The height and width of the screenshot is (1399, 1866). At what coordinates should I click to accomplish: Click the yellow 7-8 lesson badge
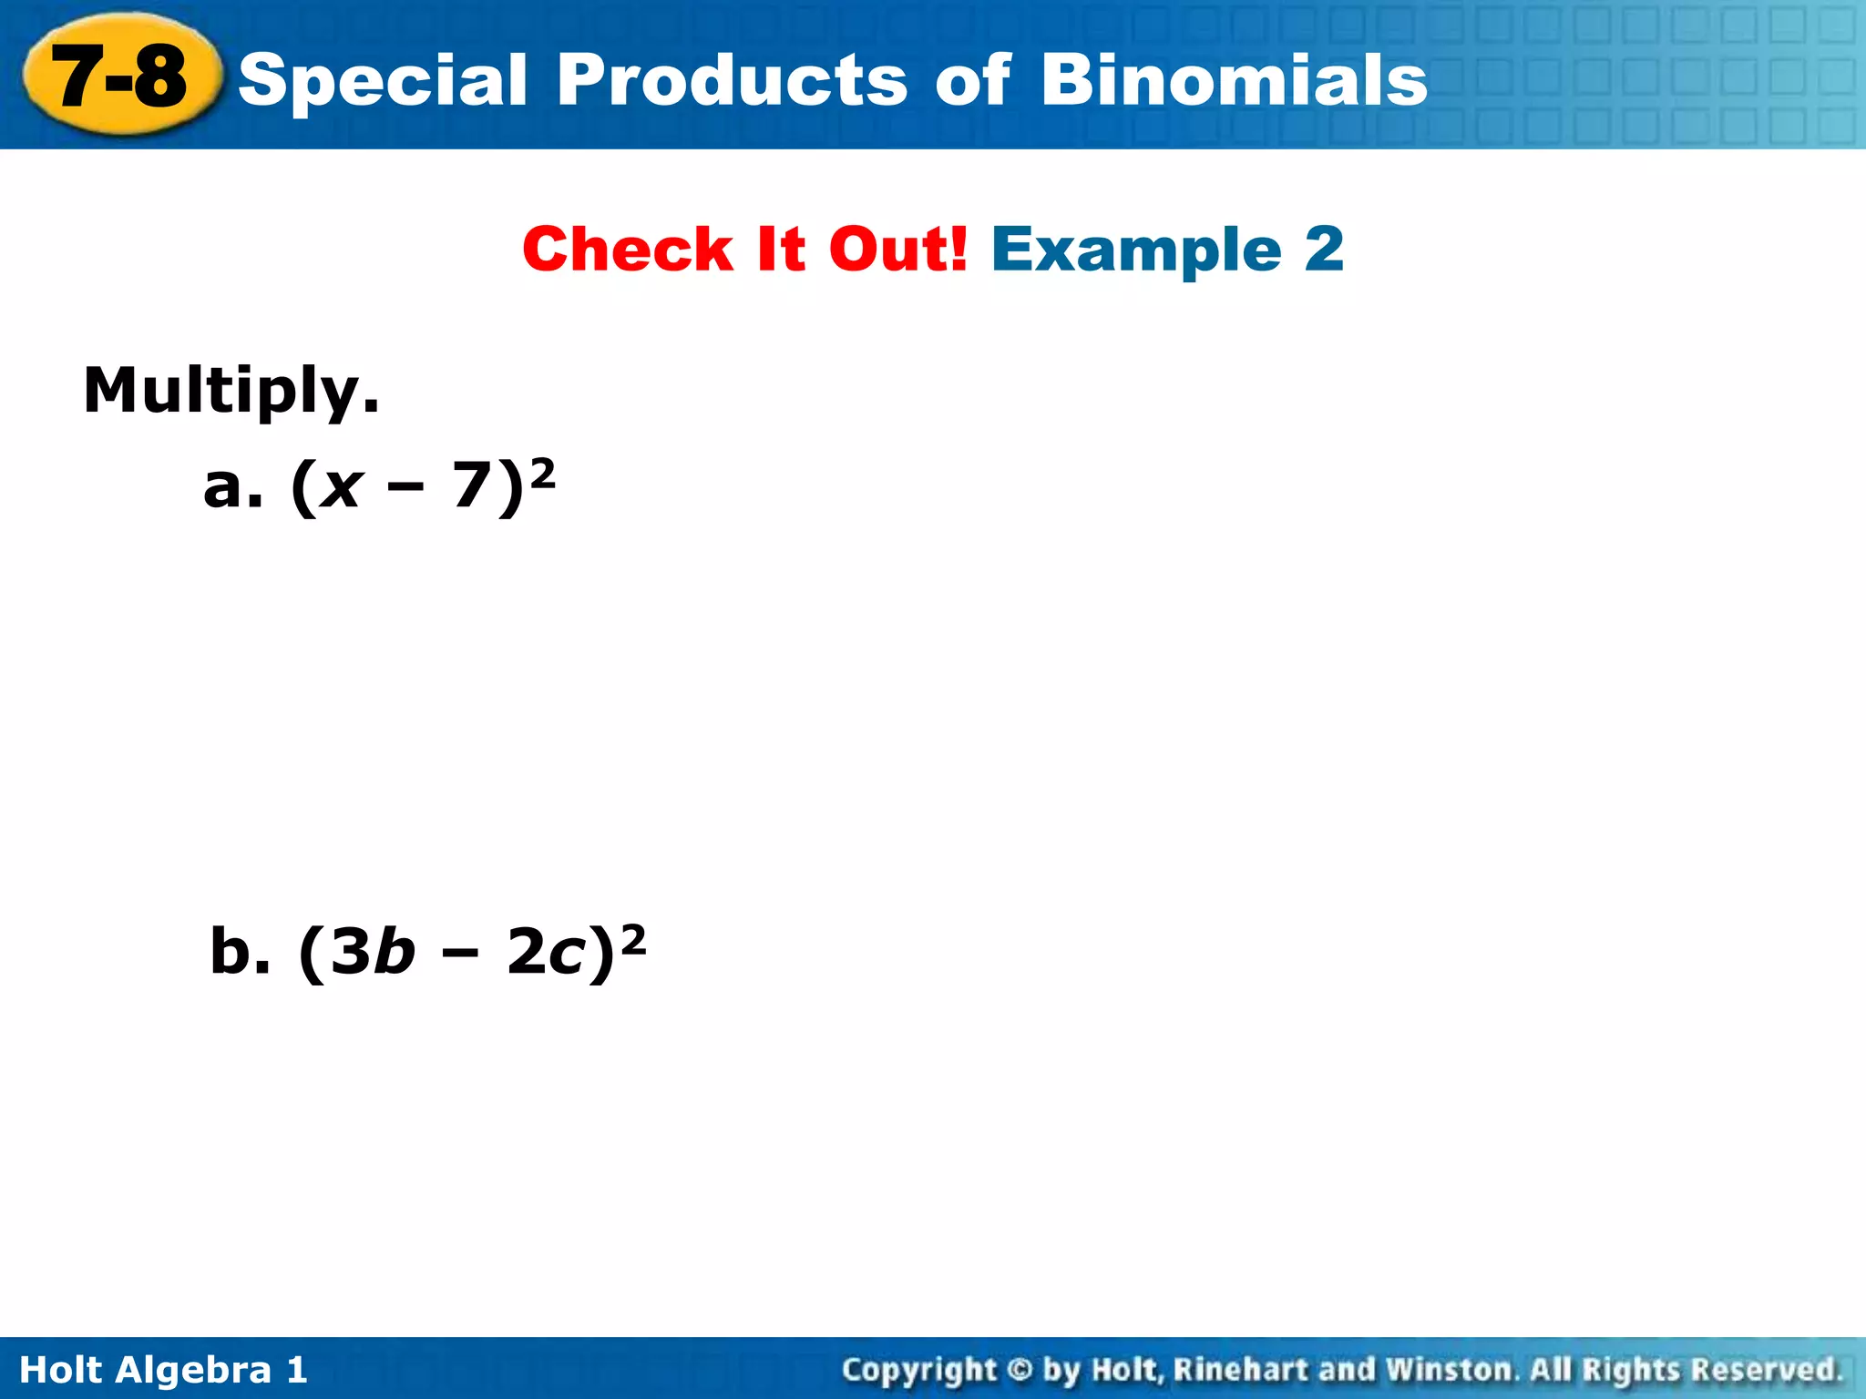coord(120,77)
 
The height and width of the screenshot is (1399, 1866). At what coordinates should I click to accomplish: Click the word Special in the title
coord(383,80)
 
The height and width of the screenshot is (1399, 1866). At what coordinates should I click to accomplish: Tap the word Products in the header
coord(732,80)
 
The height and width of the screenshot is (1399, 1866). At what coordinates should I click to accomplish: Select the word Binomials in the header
coord(1234,80)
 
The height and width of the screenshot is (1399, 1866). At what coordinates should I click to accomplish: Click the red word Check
coord(628,250)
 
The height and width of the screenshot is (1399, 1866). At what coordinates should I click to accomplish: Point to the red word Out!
coord(897,250)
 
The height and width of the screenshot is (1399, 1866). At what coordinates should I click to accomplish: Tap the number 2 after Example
coord(1323,250)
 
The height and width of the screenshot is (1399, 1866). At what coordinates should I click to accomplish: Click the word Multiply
coord(231,392)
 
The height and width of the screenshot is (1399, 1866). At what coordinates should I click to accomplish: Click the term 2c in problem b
coord(545,953)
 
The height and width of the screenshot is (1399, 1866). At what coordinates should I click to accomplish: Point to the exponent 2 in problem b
coord(632,939)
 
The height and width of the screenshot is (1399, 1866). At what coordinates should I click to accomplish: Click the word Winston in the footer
coord(1450,1370)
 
